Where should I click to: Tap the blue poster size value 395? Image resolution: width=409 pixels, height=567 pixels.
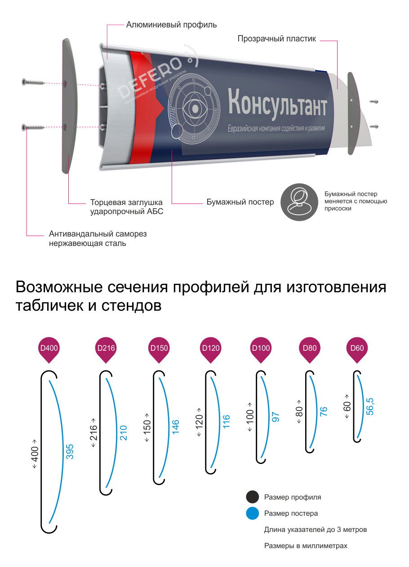click(70, 451)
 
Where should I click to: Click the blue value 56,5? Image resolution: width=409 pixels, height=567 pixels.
click(370, 406)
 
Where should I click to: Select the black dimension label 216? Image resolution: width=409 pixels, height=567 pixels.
click(93, 433)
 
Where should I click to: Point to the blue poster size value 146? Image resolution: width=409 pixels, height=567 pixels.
click(175, 427)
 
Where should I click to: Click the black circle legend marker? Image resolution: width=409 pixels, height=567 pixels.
click(252, 497)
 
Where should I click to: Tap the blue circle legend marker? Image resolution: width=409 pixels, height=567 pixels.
click(252, 513)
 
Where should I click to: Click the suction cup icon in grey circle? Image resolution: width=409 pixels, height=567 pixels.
click(299, 202)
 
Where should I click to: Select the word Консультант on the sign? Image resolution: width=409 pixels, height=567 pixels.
click(277, 104)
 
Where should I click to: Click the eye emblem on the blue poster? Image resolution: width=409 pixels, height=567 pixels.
click(194, 109)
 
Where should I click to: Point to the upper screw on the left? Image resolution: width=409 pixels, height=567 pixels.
click(33, 82)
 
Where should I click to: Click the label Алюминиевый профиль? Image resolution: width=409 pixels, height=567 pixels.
click(171, 25)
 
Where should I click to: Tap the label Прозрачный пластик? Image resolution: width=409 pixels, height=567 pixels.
click(276, 39)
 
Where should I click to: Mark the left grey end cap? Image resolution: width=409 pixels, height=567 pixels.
click(69, 106)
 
